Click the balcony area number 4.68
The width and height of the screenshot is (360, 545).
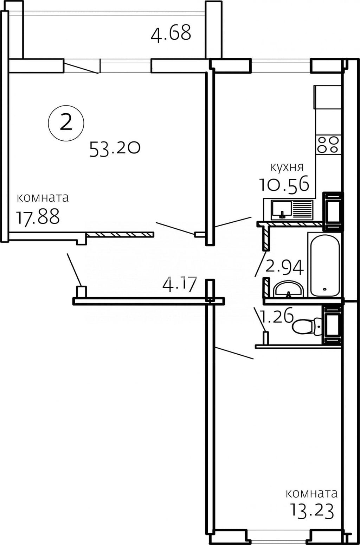[x=171, y=33]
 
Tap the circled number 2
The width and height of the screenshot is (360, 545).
[x=66, y=122]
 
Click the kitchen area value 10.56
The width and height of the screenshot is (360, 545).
[x=284, y=184]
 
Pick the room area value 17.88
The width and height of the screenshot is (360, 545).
[x=38, y=217]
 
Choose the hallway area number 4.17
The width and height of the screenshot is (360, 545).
[x=179, y=285]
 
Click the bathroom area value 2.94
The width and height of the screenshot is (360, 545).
[x=284, y=267]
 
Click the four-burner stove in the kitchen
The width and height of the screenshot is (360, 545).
[x=328, y=144]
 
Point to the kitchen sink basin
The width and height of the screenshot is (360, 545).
[x=282, y=209]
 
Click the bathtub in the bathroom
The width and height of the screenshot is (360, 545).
[x=325, y=265]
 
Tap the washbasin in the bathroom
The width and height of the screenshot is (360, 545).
[x=289, y=289]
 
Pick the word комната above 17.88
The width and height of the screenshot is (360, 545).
[x=43, y=198]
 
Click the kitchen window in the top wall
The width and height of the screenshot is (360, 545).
[x=281, y=65]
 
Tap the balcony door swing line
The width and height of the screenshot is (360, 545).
[x=81, y=68]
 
